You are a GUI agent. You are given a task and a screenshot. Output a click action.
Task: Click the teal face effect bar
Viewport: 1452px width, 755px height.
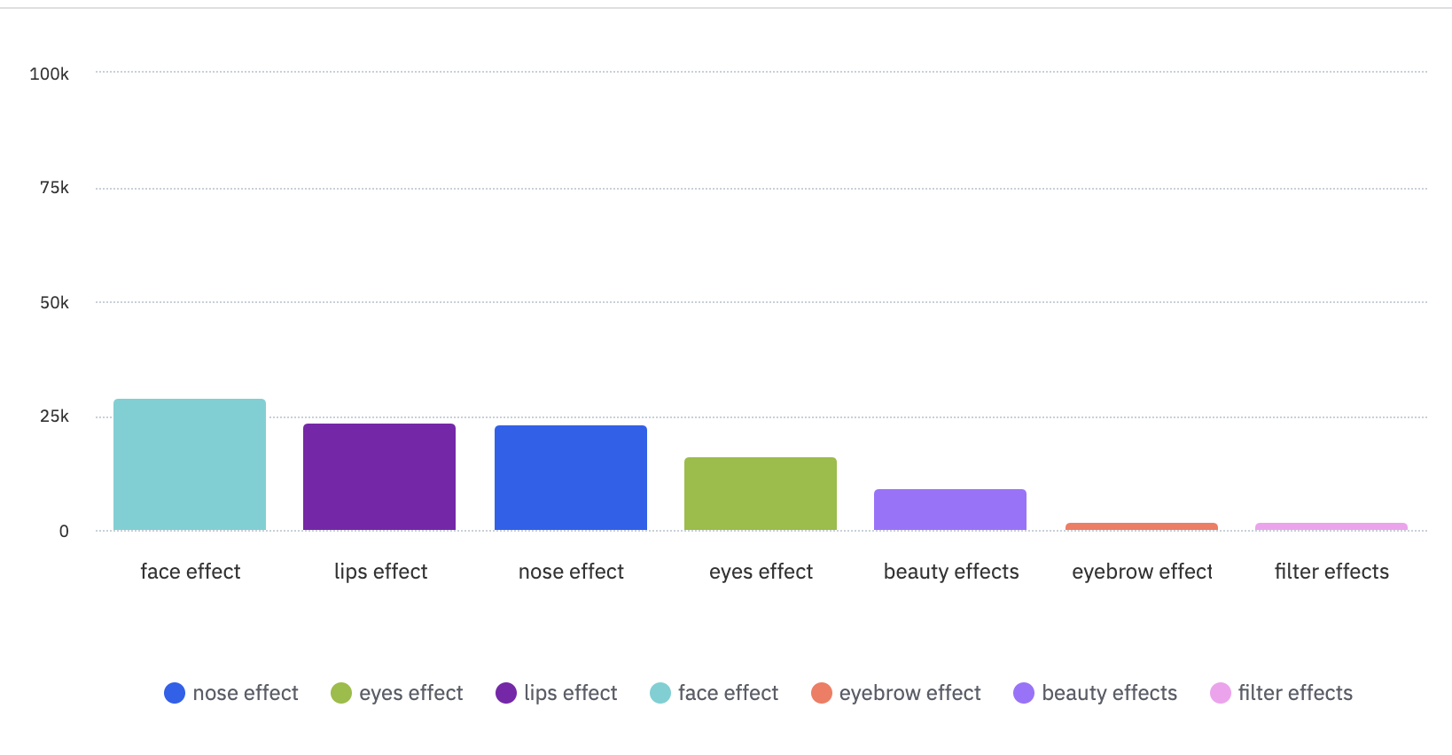190,464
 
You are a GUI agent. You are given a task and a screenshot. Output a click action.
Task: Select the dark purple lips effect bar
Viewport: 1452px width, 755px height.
379,477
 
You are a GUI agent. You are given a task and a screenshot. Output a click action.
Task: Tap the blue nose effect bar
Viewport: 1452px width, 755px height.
571,478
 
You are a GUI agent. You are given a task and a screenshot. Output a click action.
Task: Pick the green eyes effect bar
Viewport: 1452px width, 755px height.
761,494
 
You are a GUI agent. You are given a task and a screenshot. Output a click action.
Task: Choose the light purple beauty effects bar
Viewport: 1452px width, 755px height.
950,510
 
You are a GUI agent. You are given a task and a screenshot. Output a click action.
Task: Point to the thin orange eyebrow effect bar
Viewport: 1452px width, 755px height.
1142,526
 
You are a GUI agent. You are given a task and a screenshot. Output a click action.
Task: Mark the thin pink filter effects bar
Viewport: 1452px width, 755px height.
1331,526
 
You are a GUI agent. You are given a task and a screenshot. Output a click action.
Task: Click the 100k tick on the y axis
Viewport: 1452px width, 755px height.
50,74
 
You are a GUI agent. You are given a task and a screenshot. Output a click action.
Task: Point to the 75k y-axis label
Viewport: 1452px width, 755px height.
54,187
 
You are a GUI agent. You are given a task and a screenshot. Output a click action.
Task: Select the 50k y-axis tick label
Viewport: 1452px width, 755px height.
54,302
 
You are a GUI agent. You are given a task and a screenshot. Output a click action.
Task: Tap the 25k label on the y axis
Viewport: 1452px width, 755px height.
54,416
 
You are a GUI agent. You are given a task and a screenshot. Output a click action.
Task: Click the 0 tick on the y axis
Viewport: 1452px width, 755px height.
64,531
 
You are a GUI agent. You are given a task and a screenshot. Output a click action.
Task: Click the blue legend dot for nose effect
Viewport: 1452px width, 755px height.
175,693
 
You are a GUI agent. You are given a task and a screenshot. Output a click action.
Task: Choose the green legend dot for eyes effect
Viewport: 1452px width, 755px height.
341,693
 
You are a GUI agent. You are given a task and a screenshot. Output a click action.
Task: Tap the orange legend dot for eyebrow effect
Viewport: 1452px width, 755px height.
822,693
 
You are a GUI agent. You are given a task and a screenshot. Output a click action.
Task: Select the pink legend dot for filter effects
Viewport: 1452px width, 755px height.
1221,693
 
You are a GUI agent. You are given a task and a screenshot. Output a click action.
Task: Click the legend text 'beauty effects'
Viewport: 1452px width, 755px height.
1110,693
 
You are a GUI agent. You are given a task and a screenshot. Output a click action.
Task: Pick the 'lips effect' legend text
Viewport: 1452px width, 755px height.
571,693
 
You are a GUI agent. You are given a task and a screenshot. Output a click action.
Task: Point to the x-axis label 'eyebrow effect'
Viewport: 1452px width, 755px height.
1142,572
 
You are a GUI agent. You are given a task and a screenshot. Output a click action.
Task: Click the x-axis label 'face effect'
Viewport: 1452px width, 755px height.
191,572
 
